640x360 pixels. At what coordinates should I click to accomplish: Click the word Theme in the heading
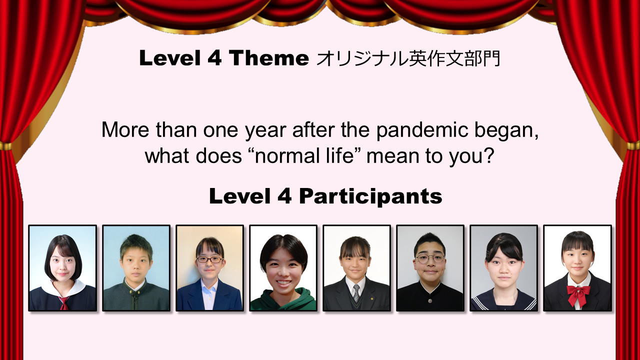(x=268, y=58)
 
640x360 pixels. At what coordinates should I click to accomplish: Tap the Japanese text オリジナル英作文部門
(x=408, y=59)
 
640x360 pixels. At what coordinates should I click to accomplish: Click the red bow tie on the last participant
(x=578, y=294)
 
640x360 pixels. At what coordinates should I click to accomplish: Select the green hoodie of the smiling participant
(x=283, y=300)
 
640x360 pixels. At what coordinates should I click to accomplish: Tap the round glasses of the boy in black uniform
(x=430, y=258)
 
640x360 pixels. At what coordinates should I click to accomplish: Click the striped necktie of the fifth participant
(x=356, y=292)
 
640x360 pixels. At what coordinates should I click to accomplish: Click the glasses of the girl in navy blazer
(x=209, y=259)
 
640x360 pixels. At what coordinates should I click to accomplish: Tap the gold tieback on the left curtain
(x=5, y=146)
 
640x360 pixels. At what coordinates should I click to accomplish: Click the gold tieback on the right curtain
(x=633, y=145)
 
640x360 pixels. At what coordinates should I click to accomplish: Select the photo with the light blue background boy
(x=136, y=268)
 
